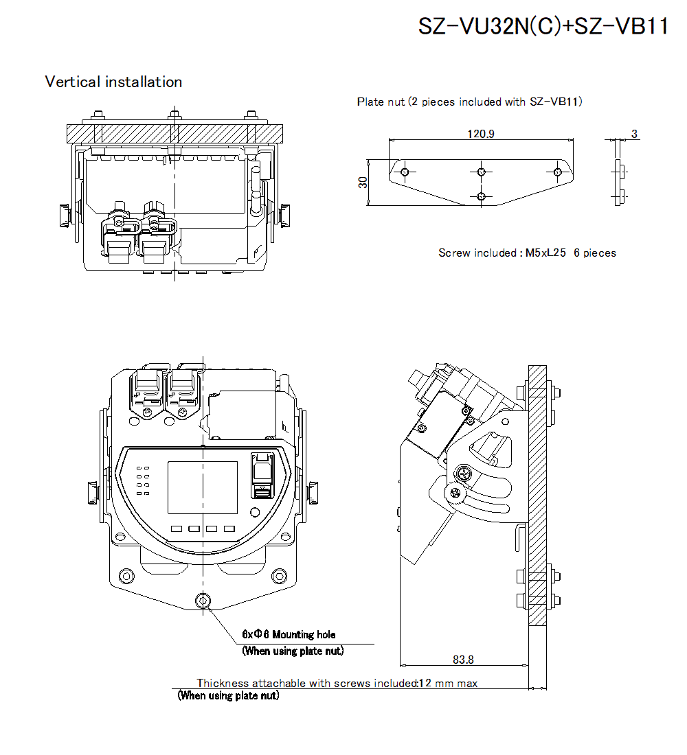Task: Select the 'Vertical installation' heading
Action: coord(113,82)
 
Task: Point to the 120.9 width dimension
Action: coord(480,134)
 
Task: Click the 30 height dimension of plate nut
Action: coord(363,183)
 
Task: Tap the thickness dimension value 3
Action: coord(635,134)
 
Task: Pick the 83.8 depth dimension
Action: coord(463,660)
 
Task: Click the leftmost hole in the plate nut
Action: coord(405,172)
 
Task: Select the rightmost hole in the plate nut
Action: coord(557,172)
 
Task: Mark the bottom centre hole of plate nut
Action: coord(481,197)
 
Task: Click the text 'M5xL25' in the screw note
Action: coord(545,253)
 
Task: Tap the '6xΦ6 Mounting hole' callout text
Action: coord(289,634)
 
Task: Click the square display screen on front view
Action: coord(203,487)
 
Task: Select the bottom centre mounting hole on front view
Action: coord(202,601)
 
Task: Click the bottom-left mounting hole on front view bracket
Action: coord(126,575)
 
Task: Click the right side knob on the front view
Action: coord(313,491)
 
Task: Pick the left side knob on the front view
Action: coord(92,491)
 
